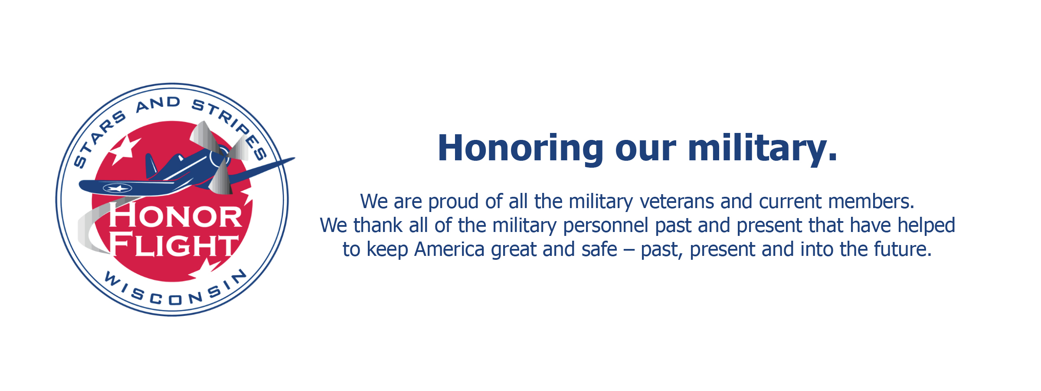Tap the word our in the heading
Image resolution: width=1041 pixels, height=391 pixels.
(x=645, y=152)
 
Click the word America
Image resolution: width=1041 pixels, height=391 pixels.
(x=449, y=249)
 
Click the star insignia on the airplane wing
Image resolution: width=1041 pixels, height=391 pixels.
(x=117, y=188)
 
